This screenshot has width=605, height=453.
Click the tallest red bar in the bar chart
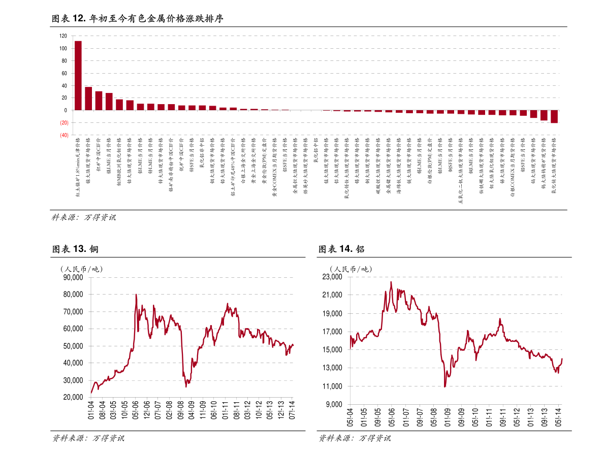point(78,75)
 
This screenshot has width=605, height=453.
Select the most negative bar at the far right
point(554,117)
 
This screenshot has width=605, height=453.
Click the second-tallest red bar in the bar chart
point(88,99)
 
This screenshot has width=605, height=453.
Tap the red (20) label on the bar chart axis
point(65,123)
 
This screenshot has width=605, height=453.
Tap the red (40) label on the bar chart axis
point(65,136)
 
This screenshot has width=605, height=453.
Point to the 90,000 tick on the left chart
point(73,277)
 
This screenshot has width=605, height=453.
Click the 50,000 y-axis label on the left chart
point(73,346)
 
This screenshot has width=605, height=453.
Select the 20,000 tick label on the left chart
point(73,398)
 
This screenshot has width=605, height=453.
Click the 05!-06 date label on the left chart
point(136,410)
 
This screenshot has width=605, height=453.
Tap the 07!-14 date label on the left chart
point(292,410)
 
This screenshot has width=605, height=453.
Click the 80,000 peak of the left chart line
point(136,295)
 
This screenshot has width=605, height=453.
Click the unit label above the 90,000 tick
point(81,269)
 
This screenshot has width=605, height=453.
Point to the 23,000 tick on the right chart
point(333,277)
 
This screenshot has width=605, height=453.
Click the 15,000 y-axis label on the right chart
point(333,350)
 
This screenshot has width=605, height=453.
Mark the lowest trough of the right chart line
point(445,387)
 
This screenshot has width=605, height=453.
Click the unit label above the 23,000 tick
point(351,269)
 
